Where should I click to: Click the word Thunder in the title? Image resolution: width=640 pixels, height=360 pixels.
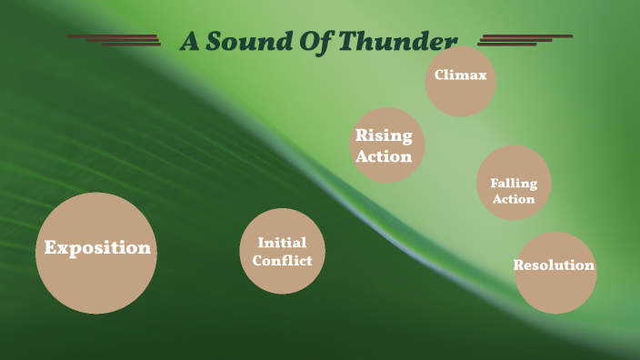coord(400,42)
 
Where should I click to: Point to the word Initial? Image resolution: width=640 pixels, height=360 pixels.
coord(282,243)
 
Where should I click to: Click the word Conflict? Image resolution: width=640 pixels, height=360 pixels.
coord(282,261)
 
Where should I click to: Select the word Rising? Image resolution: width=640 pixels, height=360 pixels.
coord(384,137)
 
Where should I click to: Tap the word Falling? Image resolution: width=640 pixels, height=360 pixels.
coord(514,183)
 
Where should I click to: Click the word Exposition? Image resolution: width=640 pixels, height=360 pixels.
coord(97,247)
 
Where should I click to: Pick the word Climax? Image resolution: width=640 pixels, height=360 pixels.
coord(460,76)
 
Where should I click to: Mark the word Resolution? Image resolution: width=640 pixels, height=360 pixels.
coord(554,265)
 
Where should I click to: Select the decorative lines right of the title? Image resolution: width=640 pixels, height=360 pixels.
coord(522,40)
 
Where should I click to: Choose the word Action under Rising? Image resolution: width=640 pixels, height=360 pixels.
coord(384,156)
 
